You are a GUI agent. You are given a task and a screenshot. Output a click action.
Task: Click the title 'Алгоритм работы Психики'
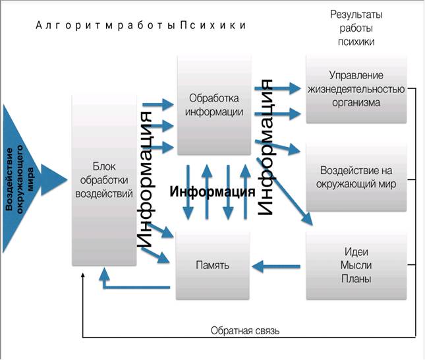(141, 26)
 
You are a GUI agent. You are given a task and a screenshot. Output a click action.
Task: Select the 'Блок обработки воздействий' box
(105, 179)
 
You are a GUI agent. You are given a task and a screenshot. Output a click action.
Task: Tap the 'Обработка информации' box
(215, 105)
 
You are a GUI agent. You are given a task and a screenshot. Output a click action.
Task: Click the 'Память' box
(213, 266)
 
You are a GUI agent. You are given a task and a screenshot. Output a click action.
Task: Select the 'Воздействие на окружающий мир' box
(356, 176)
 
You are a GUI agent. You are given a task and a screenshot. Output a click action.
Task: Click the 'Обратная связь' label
(245, 330)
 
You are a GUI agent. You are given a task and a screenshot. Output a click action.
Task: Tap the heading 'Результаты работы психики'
(356, 28)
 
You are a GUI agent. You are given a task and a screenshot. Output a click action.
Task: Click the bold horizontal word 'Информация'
(212, 193)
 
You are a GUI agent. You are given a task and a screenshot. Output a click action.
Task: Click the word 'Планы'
(356, 278)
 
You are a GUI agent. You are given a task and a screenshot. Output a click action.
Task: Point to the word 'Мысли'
(356, 265)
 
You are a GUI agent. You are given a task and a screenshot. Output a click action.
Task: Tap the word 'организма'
(356, 103)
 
